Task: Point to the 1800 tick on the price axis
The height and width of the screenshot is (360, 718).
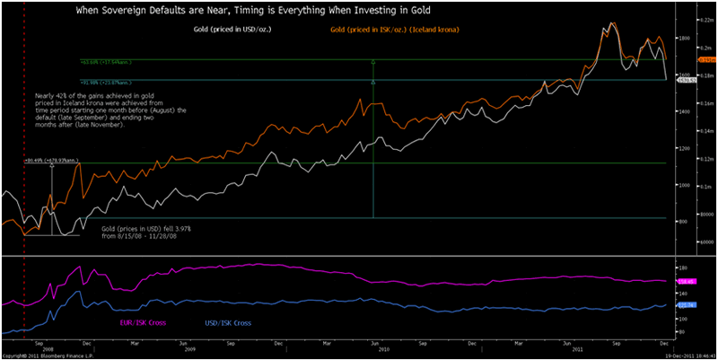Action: click(685, 39)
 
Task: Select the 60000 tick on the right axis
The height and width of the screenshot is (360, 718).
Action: click(688, 241)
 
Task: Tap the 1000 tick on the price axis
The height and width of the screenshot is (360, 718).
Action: click(685, 185)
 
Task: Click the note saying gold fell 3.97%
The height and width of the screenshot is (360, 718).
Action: click(145, 233)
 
